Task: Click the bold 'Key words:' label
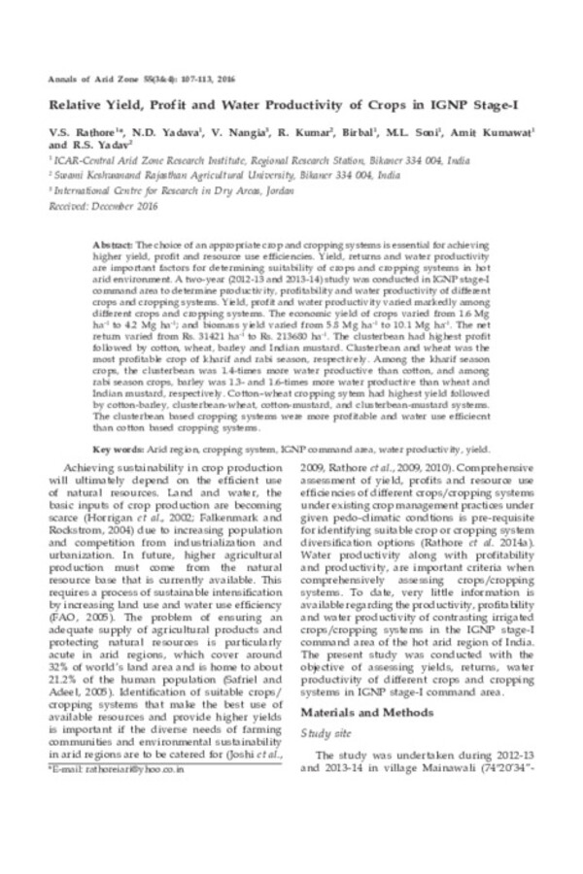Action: pos(114,451)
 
